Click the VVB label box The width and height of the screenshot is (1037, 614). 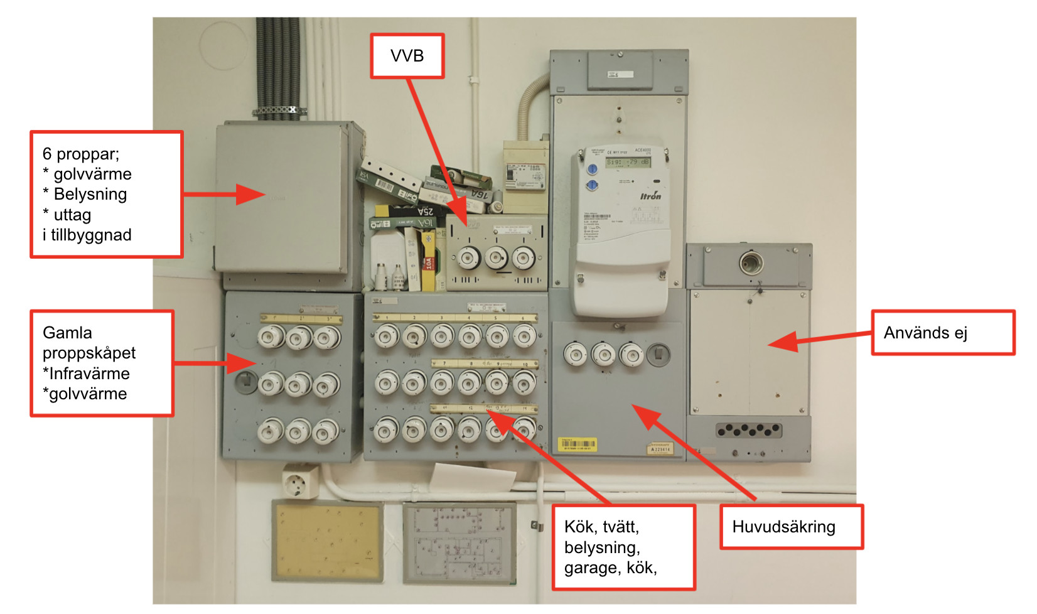[x=407, y=56]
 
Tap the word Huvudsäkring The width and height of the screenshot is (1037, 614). [x=783, y=527]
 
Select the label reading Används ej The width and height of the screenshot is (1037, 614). [x=925, y=333]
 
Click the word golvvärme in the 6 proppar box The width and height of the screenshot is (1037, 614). [x=92, y=174]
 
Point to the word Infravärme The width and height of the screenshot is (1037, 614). [x=89, y=374]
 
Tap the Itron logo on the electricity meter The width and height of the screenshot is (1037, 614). [x=650, y=196]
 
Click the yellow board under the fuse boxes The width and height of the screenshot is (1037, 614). [x=327, y=541]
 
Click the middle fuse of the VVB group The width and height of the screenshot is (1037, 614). [x=496, y=257]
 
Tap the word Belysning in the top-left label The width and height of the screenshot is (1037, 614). [x=90, y=194]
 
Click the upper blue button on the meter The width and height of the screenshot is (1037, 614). [x=592, y=170]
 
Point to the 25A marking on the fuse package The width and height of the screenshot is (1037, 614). [x=426, y=212]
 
